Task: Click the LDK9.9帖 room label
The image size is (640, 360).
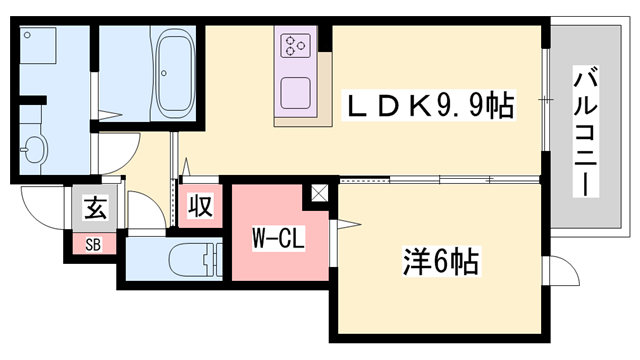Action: (430, 104)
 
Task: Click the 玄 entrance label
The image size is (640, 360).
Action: (95, 209)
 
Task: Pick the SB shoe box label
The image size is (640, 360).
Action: (93, 242)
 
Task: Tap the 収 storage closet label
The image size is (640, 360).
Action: (200, 207)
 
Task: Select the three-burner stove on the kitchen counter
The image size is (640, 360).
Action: (297, 46)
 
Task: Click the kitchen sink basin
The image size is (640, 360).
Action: (297, 92)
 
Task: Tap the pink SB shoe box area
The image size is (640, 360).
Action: (93, 242)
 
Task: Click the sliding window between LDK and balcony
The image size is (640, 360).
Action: (546, 100)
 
